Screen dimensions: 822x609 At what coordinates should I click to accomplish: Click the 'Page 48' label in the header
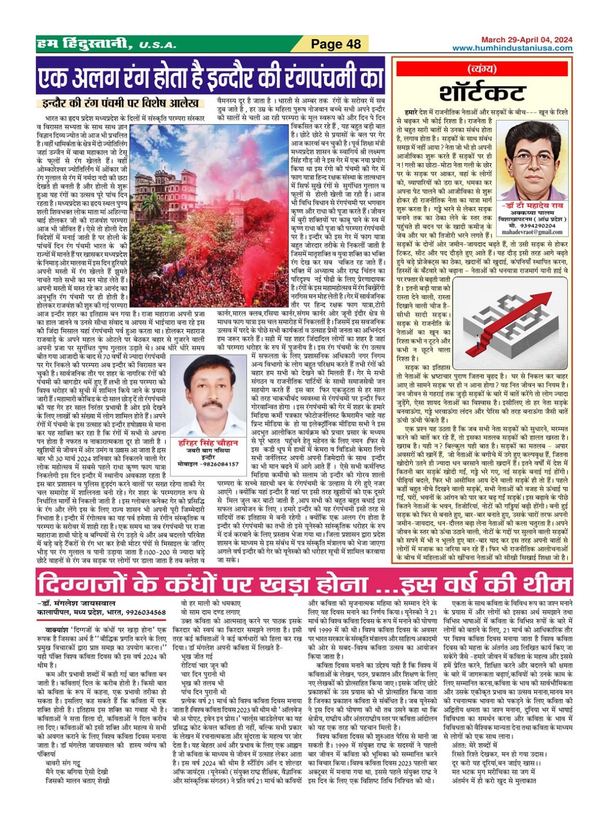[x=336, y=44]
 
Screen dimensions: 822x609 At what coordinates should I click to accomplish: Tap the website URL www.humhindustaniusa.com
[x=512, y=48]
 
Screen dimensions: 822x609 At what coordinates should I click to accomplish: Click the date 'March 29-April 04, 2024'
[x=526, y=40]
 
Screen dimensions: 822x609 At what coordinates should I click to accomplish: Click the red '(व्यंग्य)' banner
[x=481, y=69]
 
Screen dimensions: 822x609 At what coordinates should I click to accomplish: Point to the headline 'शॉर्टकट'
[x=481, y=93]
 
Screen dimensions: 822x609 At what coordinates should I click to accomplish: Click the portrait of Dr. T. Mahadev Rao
[x=534, y=160]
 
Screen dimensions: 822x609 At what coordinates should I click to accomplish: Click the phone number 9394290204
[x=537, y=226]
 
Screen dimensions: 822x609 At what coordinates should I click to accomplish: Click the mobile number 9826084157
[x=219, y=464]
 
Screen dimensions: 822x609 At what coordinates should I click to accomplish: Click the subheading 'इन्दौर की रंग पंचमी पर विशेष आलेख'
[x=120, y=103]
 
